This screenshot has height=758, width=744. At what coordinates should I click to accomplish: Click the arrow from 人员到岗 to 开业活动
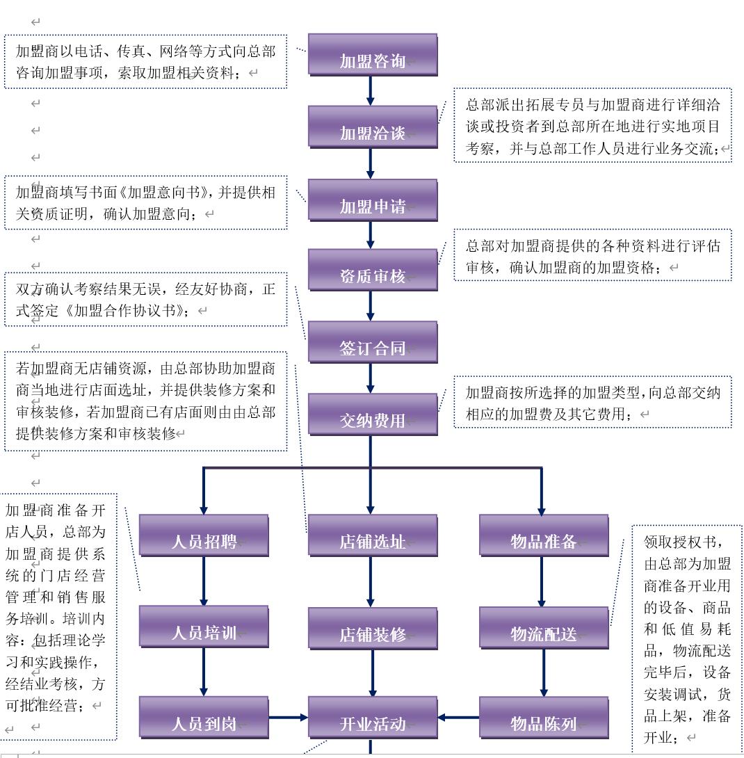coord(288,717)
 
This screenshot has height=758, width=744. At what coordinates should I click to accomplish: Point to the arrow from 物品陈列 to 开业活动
coord(458,717)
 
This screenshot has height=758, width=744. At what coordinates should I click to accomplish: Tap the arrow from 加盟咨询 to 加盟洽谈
coord(370,90)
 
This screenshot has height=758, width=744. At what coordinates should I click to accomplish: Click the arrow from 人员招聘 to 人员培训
coord(204,581)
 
